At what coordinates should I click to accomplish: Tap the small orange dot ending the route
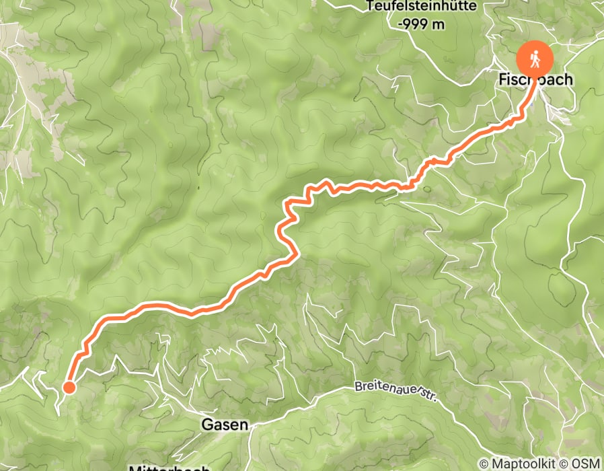pyautogui.click(x=69, y=386)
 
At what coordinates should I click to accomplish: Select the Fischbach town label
pyautogui.click(x=535, y=79)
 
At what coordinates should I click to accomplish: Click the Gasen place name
pyautogui.click(x=225, y=425)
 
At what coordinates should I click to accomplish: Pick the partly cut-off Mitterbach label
pyautogui.click(x=168, y=467)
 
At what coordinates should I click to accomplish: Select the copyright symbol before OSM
pyautogui.click(x=566, y=463)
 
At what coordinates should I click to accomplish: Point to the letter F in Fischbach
pyautogui.click(x=502, y=79)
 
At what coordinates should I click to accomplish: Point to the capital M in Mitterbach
pyautogui.click(x=135, y=468)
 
